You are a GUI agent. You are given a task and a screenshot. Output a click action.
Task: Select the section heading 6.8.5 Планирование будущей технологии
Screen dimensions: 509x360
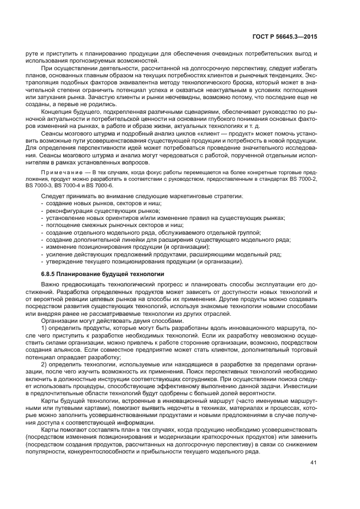pos(102,273)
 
